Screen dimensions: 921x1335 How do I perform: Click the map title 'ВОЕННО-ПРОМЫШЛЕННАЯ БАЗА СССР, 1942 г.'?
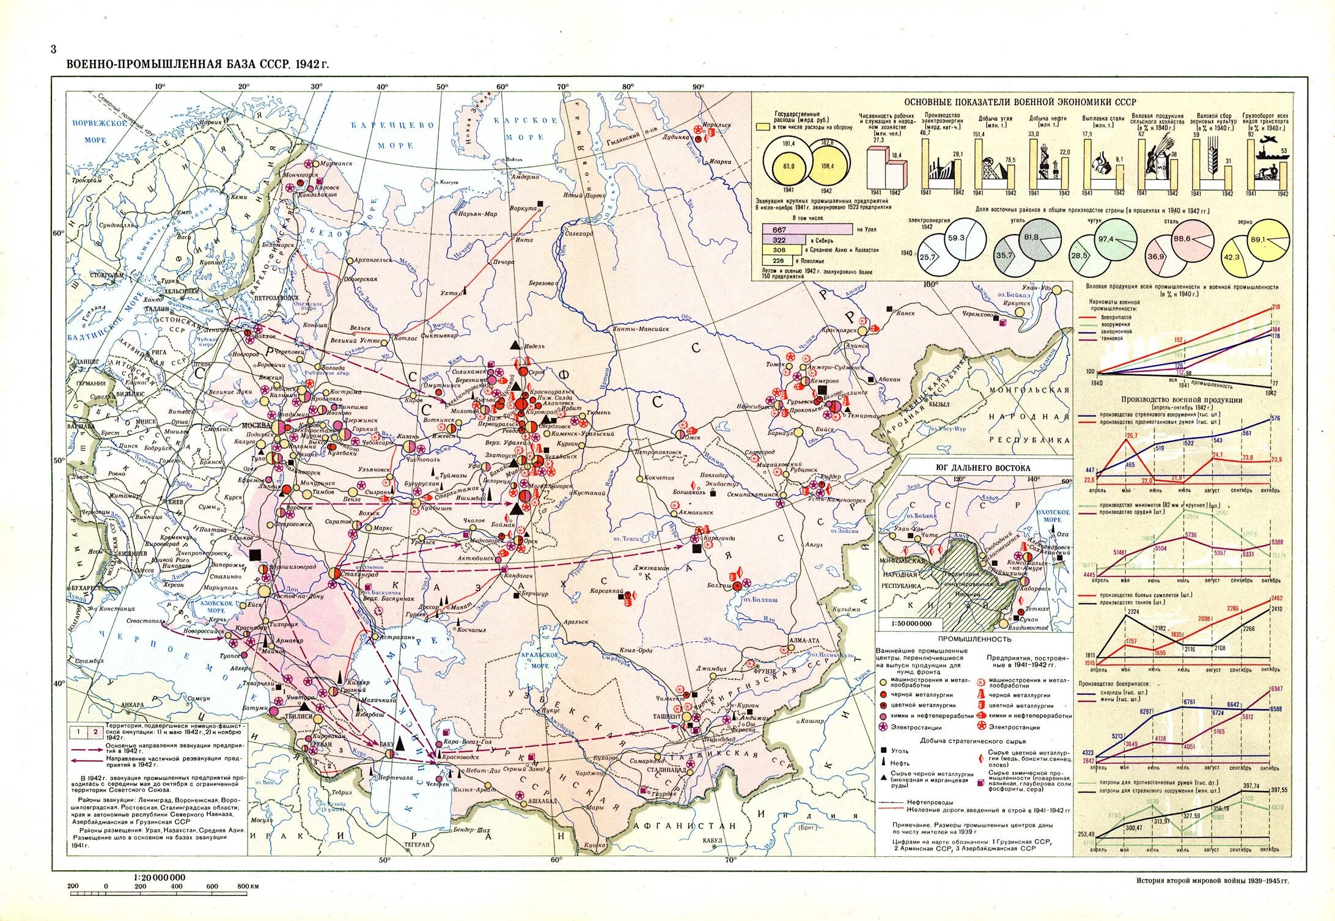(197, 64)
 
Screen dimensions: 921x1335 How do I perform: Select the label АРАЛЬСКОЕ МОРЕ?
(540, 660)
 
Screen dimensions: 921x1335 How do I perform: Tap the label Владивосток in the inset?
(1028, 628)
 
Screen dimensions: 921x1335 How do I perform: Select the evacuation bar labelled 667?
(807, 229)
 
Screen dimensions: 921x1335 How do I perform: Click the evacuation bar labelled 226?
(778, 260)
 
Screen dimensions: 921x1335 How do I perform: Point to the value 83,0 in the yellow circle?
(789, 166)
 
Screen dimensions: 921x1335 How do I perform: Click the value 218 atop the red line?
(1275, 307)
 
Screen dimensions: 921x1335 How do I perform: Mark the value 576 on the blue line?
(1275, 419)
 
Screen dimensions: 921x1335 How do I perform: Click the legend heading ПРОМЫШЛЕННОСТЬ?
(974, 639)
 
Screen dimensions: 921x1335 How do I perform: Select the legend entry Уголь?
(899, 751)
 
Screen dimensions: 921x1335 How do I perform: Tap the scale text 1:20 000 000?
(159, 877)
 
